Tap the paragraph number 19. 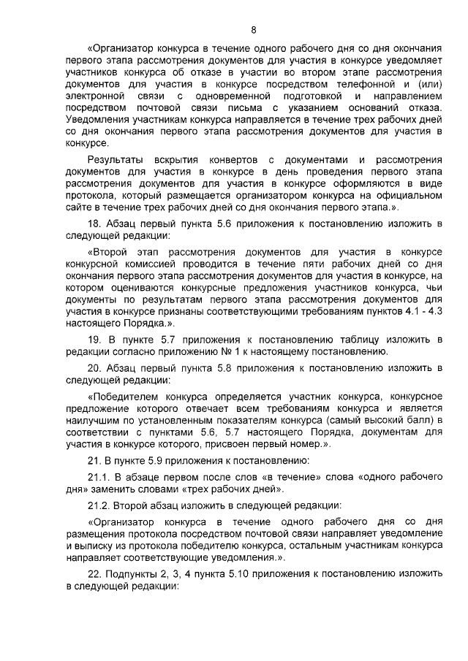[x=94, y=340]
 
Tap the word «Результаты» [x=111, y=159]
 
